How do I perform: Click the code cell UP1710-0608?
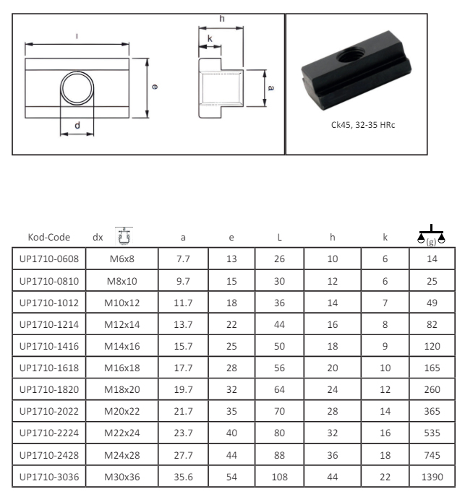coord(49,259)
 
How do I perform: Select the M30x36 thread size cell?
coord(122,477)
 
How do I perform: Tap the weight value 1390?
coord(432,477)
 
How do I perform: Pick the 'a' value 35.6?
coord(183,477)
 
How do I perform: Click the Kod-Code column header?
coord(49,237)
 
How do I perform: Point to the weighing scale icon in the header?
coord(431,235)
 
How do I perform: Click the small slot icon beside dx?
coord(124,236)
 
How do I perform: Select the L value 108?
coord(279,477)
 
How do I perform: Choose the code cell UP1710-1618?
coord(49,368)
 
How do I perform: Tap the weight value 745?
coord(432,455)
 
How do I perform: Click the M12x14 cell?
coord(122,324)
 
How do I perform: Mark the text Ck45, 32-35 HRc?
coord(363,125)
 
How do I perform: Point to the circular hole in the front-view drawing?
coord(77,88)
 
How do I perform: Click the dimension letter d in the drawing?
coord(77,126)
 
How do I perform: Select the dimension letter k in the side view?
coord(210,39)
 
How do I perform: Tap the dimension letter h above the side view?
coord(222,19)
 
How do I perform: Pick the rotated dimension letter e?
coord(155,87)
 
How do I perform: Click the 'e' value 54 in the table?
coord(231,477)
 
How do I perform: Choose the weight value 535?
coord(432,433)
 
